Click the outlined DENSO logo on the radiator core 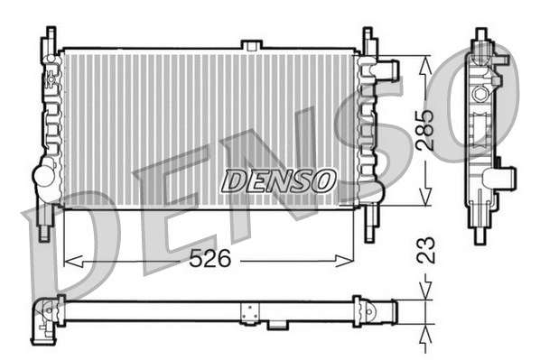(x=279, y=180)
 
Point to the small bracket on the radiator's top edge (x=252, y=44)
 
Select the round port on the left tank (x=43, y=176)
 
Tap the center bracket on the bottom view (x=248, y=312)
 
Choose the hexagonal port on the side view (x=480, y=94)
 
